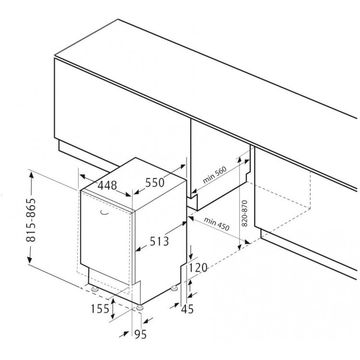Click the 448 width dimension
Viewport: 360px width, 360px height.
107,185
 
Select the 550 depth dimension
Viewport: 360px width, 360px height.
155,183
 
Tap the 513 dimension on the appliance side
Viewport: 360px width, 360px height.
159,241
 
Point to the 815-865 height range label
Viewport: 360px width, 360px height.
31,220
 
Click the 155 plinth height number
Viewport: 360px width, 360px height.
100,309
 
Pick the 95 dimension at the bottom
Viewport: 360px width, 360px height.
140,334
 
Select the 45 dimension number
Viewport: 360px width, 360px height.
187,309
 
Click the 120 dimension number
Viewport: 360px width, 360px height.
198,268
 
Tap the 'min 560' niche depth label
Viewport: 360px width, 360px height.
215,175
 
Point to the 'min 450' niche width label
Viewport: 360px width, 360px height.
216,224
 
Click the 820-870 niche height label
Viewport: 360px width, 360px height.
245,213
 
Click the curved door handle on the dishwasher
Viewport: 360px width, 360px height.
105,213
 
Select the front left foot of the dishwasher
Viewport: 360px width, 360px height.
95,289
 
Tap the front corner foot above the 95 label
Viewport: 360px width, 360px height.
140,308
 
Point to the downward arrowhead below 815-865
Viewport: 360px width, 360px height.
30,259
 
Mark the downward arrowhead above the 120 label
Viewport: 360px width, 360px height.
191,255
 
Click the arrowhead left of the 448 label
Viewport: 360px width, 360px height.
83,177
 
